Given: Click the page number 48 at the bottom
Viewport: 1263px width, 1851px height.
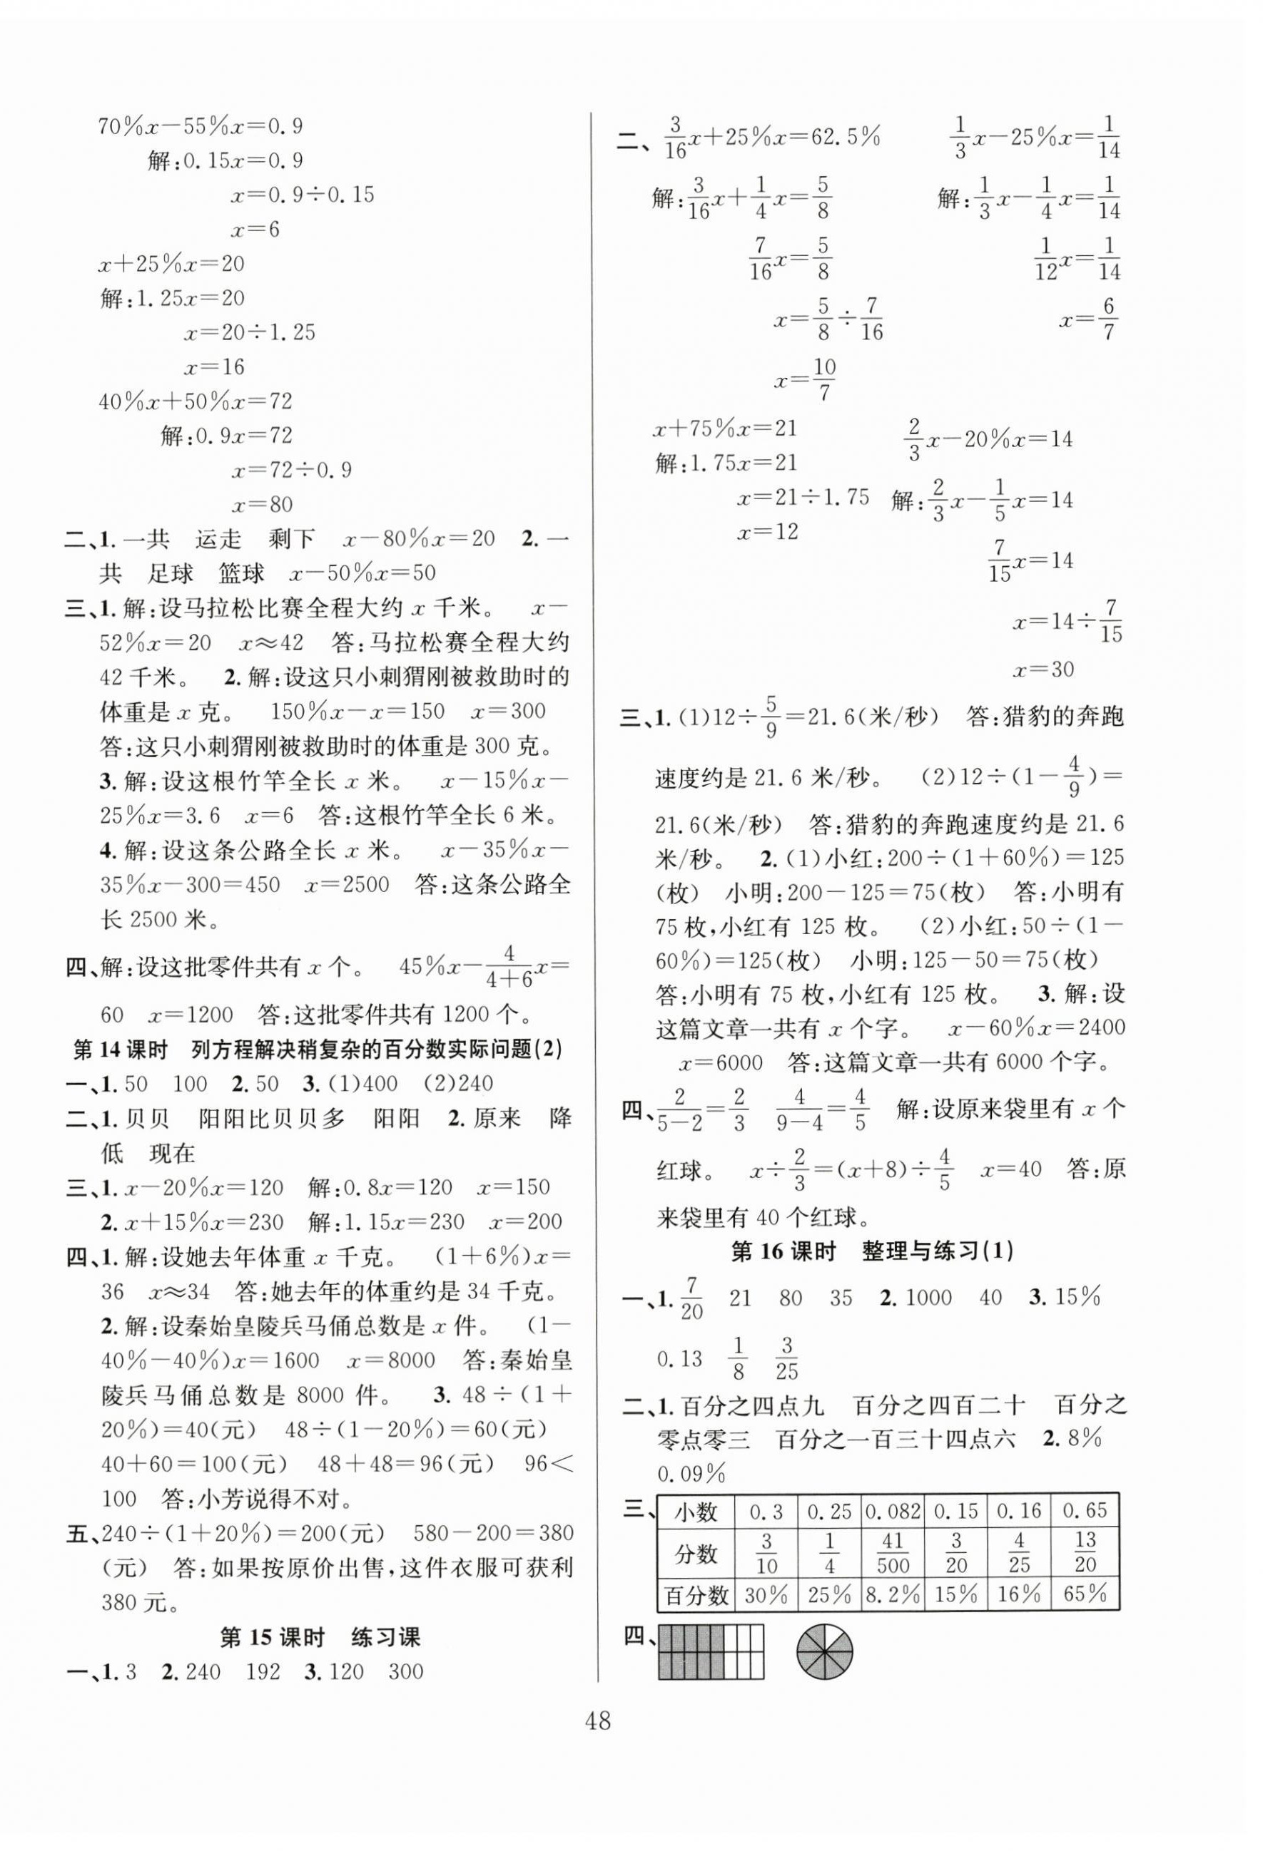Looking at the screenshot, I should (598, 1723).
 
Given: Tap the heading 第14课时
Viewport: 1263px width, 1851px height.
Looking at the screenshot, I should (120, 1050).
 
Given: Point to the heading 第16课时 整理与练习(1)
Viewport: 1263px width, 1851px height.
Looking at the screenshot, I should (872, 1251).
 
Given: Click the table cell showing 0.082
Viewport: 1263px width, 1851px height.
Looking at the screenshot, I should (893, 1511).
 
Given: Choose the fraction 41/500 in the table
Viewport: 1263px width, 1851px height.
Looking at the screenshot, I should (893, 1552).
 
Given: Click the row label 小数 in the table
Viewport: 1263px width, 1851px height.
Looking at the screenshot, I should (696, 1511).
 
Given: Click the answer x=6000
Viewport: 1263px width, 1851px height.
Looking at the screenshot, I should (721, 1062).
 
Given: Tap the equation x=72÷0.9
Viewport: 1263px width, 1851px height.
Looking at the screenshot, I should (291, 469).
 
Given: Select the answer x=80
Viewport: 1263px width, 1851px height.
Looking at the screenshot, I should (262, 504).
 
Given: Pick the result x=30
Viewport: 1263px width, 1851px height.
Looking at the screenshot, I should (1043, 669).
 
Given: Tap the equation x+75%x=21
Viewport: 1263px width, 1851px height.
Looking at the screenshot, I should (724, 429).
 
